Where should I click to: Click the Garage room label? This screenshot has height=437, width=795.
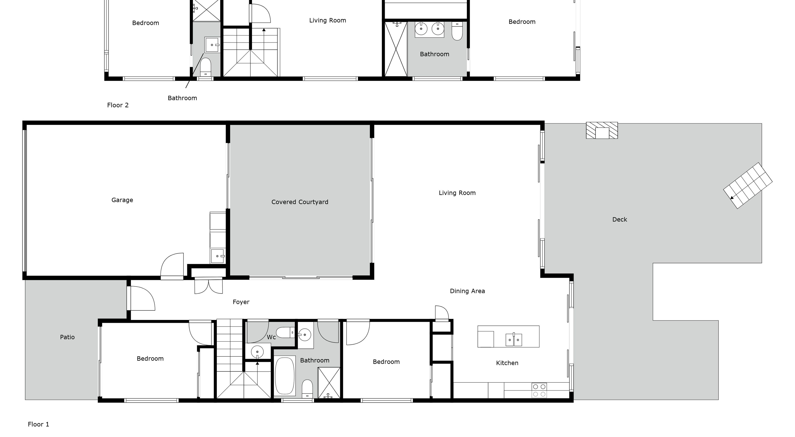pyautogui.click(x=122, y=200)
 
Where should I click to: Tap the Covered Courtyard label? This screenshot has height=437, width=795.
pyautogui.click(x=300, y=202)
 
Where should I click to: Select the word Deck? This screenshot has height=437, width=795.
pyautogui.click(x=619, y=219)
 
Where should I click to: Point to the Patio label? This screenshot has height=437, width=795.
pyautogui.click(x=67, y=337)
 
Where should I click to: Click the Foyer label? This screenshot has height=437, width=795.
pyautogui.click(x=241, y=302)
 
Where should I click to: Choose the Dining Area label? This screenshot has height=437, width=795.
pyautogui.click(x=467, y=291)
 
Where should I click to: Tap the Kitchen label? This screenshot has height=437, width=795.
pyautogui.click(x=507, y=363)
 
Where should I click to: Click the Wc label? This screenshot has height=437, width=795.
pyautogui.click(x=271, y=337)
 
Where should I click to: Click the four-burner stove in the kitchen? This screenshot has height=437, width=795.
pyautogui.click(x=539, y=390)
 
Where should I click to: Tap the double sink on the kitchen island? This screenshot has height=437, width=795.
pyautogui.click(x=513, y=340)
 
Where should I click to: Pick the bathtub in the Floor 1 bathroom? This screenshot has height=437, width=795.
pyautogui.click(x=285, y=376)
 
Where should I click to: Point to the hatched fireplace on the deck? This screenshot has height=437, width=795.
pyautogui.click(x=602, y=131)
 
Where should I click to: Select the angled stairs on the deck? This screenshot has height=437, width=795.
pyautogui.click(x=748, y=186)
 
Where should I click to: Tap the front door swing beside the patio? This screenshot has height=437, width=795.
pyautogui.click(x=141, y=298)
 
